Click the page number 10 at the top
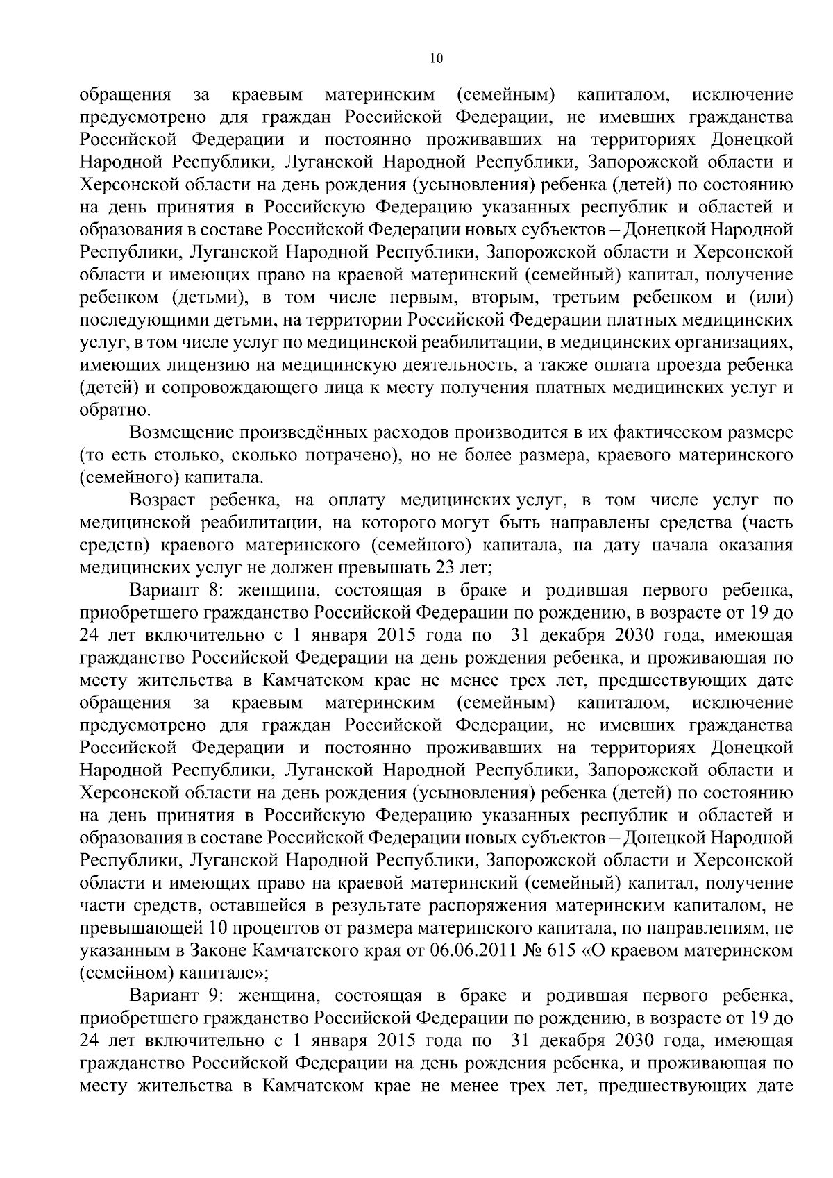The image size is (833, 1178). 436,59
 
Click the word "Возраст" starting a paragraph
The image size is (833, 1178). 162,499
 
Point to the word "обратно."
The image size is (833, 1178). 109,410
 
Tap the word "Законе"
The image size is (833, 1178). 212,950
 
